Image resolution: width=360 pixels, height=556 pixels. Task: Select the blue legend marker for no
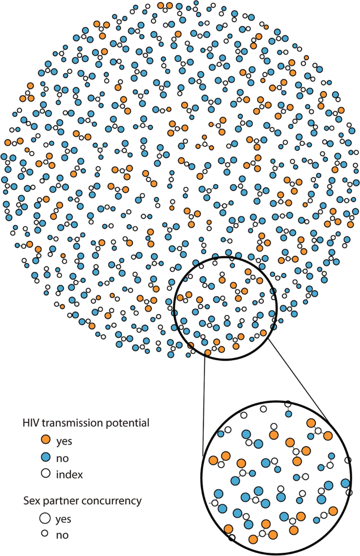46,457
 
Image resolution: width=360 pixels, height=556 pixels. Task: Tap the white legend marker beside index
46,473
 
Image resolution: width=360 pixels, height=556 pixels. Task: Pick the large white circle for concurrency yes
46,519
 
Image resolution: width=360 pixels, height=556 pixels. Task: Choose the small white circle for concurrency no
46,535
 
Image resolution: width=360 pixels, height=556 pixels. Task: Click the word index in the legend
72,474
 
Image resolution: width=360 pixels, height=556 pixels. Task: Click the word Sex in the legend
30,501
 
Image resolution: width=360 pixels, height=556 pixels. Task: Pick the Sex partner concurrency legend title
82,501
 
